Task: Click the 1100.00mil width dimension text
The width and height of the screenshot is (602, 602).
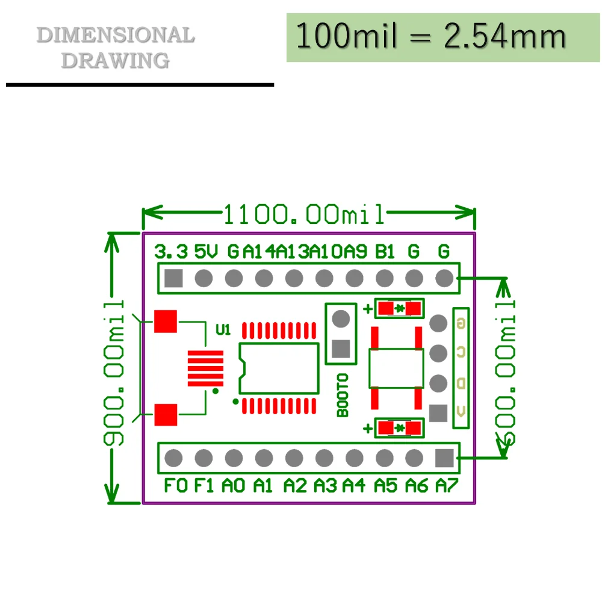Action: coord(304,214)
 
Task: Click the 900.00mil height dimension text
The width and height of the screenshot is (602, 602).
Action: coord(113,373)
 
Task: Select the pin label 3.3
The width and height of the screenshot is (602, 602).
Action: coord(171,251)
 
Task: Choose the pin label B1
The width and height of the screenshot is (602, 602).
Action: coord(385,251)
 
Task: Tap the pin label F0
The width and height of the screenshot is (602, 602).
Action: coord(176,485)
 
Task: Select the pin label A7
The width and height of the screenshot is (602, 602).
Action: coord(446,485)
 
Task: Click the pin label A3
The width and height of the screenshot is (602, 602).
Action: coord(326,485)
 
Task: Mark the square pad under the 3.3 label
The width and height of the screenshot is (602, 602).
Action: coord(173,278)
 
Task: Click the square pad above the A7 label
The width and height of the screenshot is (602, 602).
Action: coord(444,459)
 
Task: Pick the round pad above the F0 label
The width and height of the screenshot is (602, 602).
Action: coord(173,459)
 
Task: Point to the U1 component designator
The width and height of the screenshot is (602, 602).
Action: coord(223,329)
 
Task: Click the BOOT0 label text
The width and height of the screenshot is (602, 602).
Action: coord(343,395)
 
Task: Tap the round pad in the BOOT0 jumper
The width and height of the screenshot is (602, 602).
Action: coord(341,318)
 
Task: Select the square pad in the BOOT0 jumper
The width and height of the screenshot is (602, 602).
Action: coord(341,349)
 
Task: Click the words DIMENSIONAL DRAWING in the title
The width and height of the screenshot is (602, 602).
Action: coord(116,47)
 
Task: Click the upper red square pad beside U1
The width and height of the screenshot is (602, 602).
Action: coord(165,321)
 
